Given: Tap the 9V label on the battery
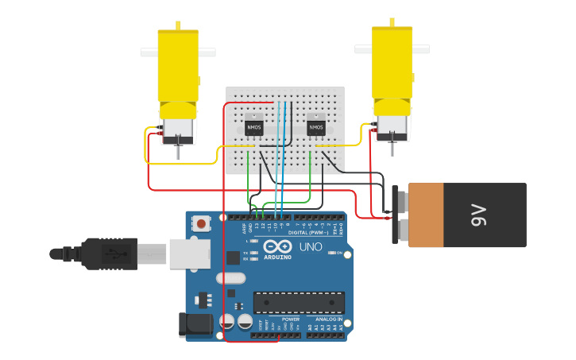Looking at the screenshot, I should coord(478,215).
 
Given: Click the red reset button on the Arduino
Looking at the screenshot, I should coord(201,224).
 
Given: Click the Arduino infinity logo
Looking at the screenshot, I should coord(273,246).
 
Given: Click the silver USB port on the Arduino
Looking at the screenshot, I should coord(189,253).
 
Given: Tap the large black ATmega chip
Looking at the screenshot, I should coord(299,303).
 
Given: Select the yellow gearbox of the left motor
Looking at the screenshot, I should coord(177,68).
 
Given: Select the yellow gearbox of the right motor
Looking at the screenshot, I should coord(393,64).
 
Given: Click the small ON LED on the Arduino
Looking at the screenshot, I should coord(338,253).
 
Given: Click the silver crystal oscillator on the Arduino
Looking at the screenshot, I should coord(234,278).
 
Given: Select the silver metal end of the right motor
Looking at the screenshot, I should coord(392,124).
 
